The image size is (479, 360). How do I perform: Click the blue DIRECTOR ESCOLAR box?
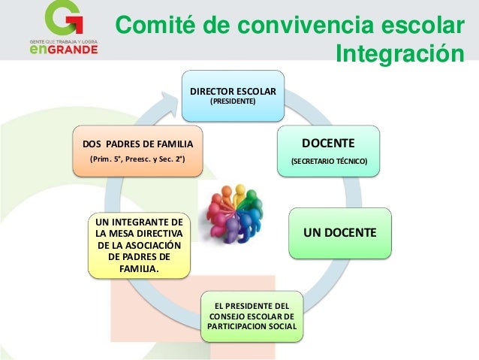coord(233,95)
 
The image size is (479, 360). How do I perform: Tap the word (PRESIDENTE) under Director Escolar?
coord(233,101)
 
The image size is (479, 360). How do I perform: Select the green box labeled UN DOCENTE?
coord(339,234)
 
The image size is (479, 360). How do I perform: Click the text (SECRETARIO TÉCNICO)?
coord(330,162)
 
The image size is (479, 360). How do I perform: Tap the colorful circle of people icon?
coord(239,213)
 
